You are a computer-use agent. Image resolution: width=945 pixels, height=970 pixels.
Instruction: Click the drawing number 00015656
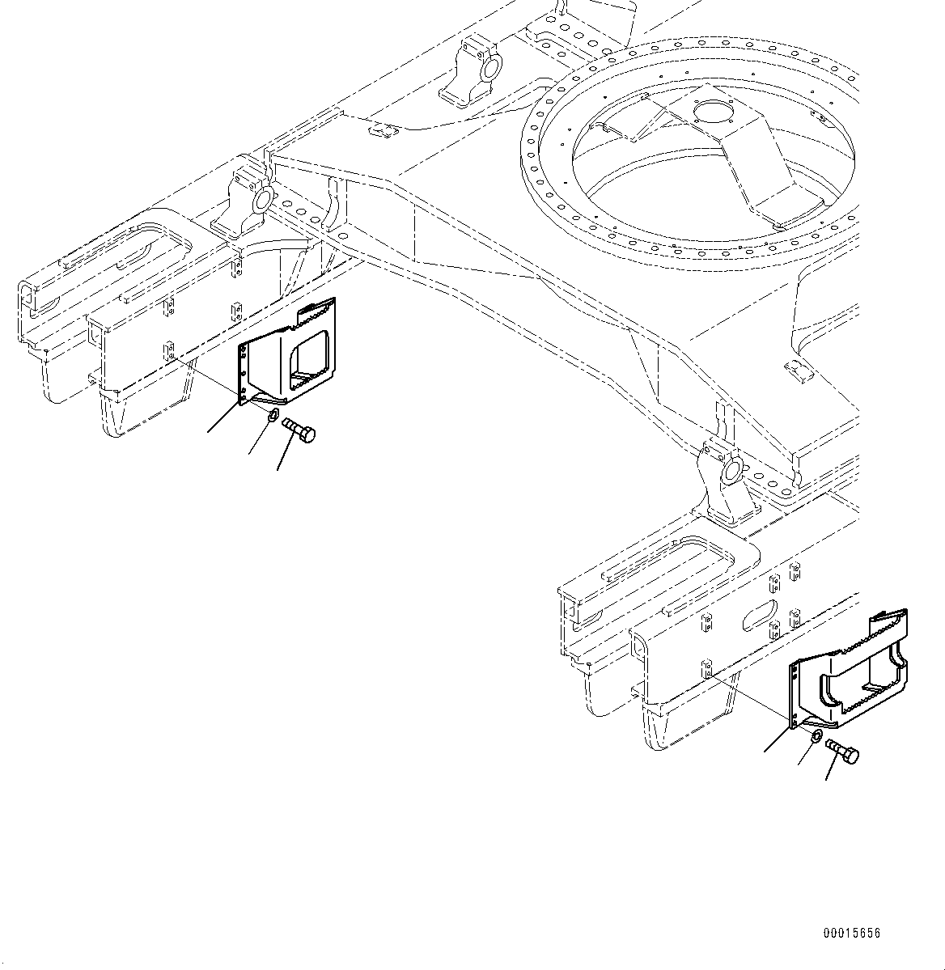pyautogui.click(x=852, y=933)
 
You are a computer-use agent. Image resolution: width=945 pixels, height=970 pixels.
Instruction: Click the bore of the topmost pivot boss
pyautogui.click(x=490, y=69)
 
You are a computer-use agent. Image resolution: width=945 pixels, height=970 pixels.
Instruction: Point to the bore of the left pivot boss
pyautogui.click(x=264, y=200)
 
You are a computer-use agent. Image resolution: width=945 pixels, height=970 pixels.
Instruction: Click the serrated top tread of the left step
pyautogui.click(x=318, y=309)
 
